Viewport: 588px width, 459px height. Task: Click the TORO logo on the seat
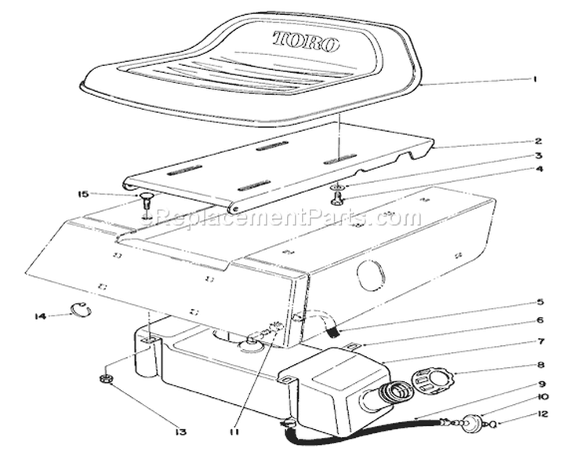point(306,41)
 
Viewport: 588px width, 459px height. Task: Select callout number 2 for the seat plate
point(538,141)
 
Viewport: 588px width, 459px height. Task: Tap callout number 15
point(83,194)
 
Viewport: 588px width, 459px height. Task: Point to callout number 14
point(40,316)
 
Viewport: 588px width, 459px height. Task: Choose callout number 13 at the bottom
point(180,432)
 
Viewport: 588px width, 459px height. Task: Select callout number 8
point(539,364)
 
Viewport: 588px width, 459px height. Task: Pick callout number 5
point(539,302)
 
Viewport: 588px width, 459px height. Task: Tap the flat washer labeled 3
point(339,187)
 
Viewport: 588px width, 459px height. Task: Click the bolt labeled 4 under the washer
point(338,199)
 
